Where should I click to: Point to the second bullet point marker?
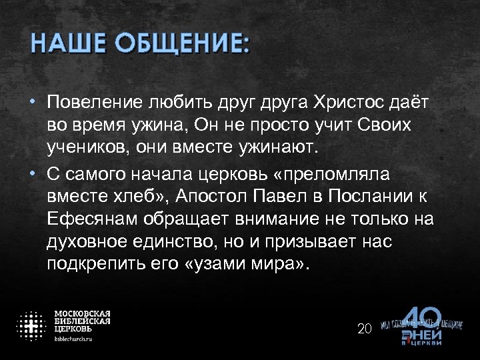[33, 173]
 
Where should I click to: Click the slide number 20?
[364, 329]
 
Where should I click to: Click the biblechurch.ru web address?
[73, 339]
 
